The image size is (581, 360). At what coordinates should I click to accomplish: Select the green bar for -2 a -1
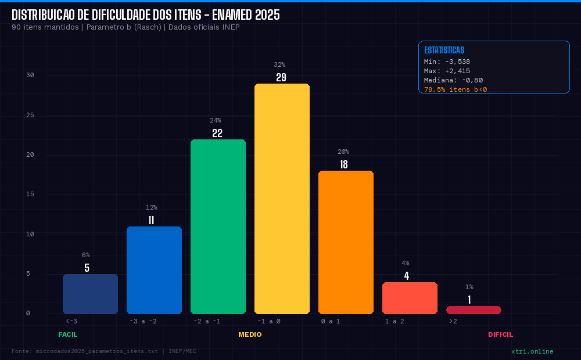[218, 226]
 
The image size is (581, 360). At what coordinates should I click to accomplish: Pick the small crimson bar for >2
[474, 310]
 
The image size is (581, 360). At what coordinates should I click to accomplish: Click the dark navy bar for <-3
[90, 294]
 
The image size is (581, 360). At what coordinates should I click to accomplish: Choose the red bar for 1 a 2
[410, 298]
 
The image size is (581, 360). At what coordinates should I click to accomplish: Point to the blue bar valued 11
[154, 270]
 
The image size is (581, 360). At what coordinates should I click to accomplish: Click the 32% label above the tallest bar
[279, 64]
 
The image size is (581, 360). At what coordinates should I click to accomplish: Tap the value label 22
[217, 134]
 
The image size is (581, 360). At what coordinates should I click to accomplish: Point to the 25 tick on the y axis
[30, 115]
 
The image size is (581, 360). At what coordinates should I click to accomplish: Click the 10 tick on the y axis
[30, 234]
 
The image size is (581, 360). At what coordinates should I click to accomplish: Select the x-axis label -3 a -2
[143, 321]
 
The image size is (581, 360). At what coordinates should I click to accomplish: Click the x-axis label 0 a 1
[331, 321]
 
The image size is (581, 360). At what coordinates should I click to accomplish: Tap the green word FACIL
[67, 334]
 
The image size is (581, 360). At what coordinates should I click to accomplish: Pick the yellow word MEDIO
[250, 334]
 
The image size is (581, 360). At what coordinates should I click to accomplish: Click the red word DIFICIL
[500, 334]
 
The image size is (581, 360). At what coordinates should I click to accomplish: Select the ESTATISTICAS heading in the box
[444, 51]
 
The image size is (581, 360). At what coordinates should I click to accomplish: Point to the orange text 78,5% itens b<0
[456, 89]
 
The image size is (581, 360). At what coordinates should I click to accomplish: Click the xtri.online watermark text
[532, 351]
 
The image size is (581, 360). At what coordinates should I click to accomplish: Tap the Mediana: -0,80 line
[453, 80]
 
